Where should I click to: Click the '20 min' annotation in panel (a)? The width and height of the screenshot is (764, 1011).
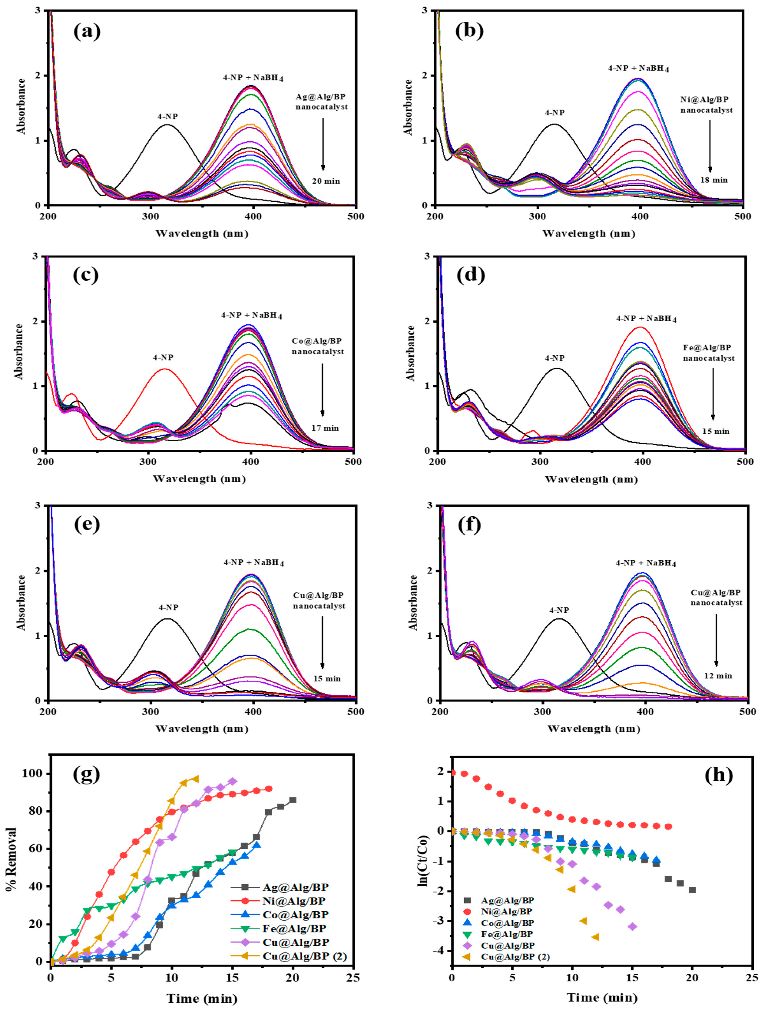point(326,181)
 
